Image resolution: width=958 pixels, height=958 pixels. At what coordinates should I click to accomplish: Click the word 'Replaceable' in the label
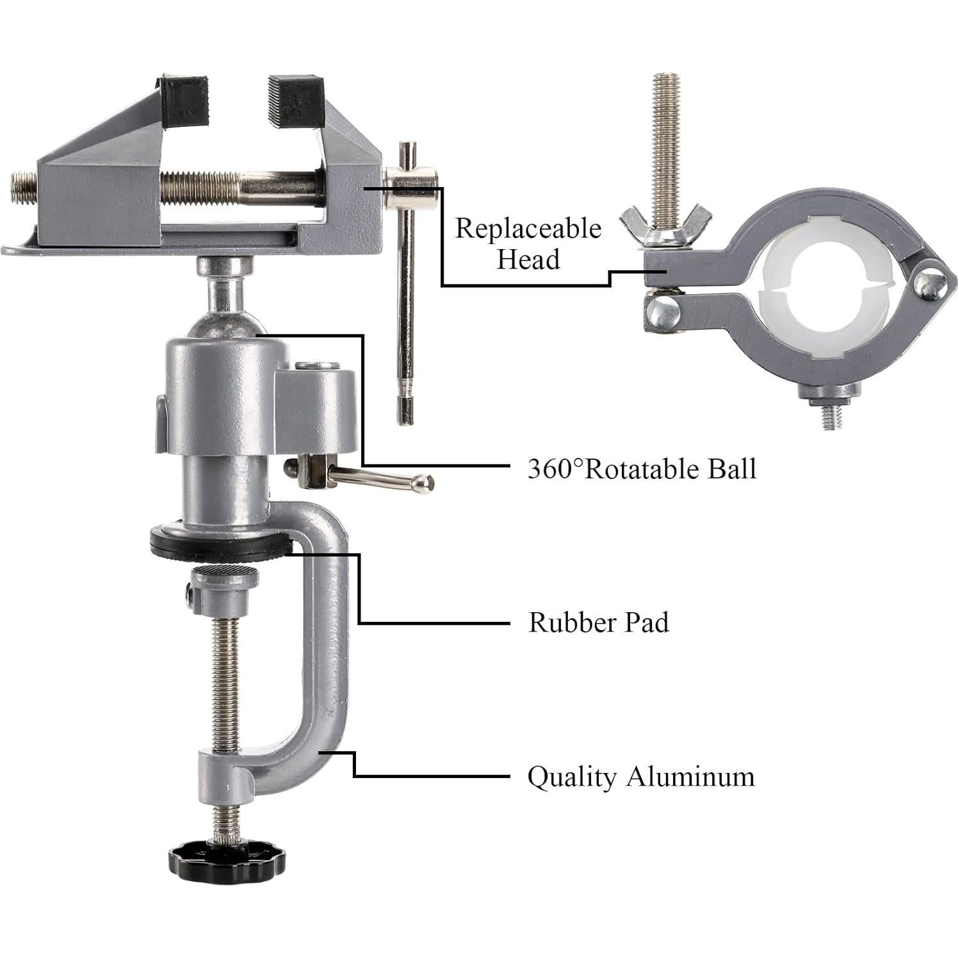pos(528,229)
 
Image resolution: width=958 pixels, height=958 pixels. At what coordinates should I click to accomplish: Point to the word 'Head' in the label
pos(528,259)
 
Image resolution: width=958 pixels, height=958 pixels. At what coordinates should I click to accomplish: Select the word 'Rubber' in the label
pos(571,622)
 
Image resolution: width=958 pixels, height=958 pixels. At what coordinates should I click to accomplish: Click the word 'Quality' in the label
pos(571,777)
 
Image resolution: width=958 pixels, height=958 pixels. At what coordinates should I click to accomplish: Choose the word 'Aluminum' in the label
pos(690,777)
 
